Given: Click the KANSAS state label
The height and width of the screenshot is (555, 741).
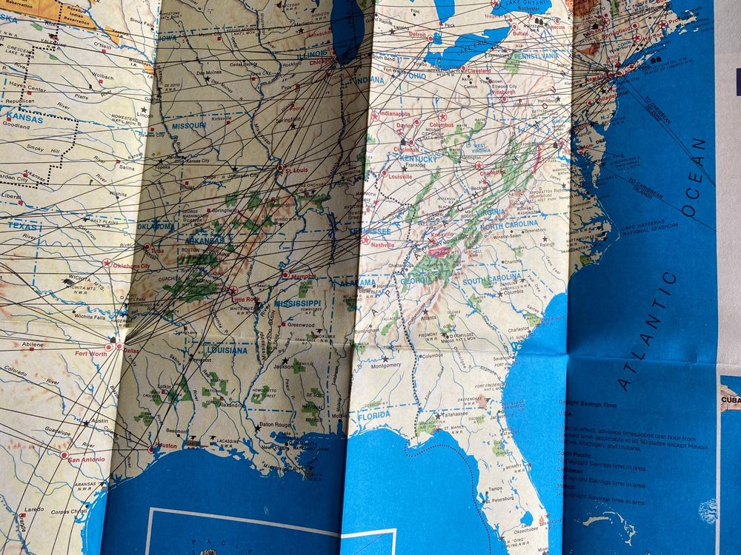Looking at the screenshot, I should (26, 117).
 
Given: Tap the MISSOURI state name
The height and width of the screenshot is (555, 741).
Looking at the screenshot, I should (189, 126).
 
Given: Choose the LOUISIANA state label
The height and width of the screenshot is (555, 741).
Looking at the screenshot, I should (226, 350).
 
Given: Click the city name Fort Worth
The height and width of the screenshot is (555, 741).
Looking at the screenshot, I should (91, 354).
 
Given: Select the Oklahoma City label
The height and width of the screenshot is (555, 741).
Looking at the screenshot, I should (132, 266).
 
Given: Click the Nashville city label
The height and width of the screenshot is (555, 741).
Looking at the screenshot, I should (383, 245).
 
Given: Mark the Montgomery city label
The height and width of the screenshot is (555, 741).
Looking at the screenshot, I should (386, 366).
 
